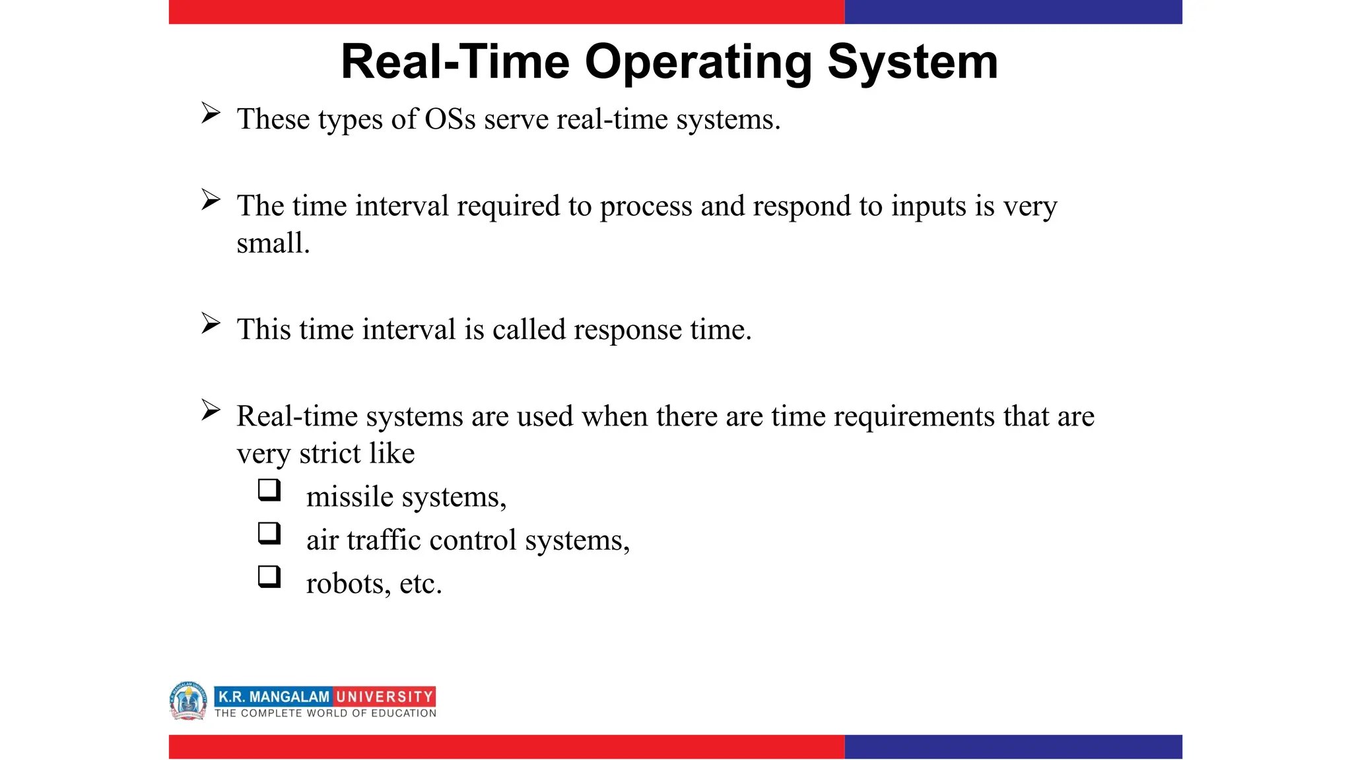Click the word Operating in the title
tap(698, 63)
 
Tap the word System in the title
tap(912, 63)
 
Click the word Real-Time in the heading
tap(455, 63)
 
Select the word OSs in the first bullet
tap(450, 119)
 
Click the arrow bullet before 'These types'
tap(211, 113)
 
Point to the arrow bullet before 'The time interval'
tap(211, 200)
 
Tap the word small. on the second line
tap(273, 243)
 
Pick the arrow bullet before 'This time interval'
tap(211, 323)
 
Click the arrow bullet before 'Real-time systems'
tap(211, 410)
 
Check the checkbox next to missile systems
tap(269, 490)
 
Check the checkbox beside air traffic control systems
tap(269, 533)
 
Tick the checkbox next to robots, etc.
tap(269, 577)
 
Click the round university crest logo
tap(188, 701)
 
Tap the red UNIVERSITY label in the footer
tap(384, 697)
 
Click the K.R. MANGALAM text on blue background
tap(273, 697)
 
